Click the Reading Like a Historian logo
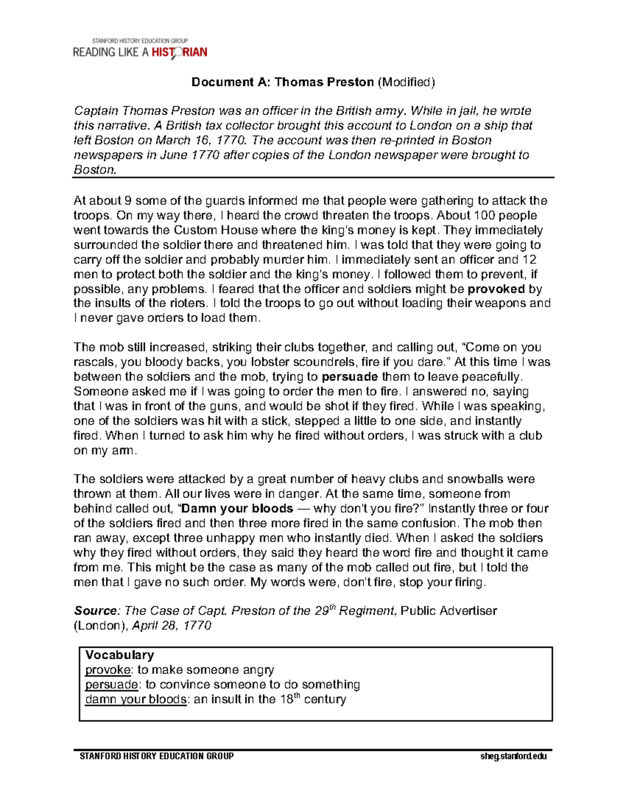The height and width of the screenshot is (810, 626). click(x=140, y=49)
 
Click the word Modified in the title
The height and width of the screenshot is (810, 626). click(x=406, y=82)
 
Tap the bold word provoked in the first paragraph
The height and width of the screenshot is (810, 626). click(x=497, y=289)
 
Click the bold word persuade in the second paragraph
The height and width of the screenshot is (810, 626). click(x=350, y=377)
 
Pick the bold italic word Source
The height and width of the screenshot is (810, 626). click(x=95, y=611)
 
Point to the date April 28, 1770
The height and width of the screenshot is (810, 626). click(x=172, y=625)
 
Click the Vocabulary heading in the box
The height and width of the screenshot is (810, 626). click(x=119, y=655)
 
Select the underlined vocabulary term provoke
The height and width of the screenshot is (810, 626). click(x=108, y=670)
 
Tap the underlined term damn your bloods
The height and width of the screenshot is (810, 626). click(x=136, y=699)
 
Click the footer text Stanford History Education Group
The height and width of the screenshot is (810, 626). click(x=156, y=756)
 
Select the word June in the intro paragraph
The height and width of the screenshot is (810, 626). click(x=175, y=155)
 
